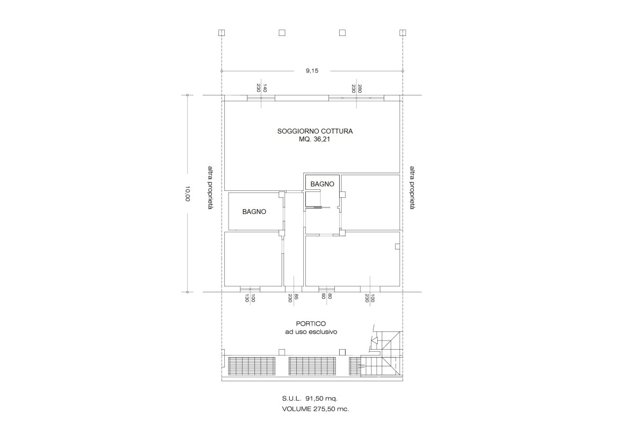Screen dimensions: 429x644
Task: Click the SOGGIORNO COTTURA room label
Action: click(x=315, y=131)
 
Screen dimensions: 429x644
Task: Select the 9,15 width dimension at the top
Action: click(x=312, y=71)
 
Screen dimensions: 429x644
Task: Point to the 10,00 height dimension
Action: click(x=187, y=193)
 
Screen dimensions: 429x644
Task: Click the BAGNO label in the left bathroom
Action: click(x=254, y=212)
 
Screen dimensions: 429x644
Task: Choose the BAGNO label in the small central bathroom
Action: click(x=322, y=184)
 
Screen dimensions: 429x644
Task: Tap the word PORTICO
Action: click(x=311, y=323)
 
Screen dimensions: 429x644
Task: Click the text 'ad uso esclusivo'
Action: click(x=311, y=332)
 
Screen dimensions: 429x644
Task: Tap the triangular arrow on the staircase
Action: click(x=375, y=340)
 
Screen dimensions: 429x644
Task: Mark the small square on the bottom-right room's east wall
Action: click(x=397, y=247)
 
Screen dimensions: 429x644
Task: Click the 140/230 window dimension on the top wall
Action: click(x=261, y=88)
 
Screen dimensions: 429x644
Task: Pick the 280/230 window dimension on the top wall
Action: click(x=357, y=88)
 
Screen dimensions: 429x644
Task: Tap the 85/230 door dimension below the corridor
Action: click(x=293, y=298)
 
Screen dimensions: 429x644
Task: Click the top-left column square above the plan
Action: click(x=222, y=33)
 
